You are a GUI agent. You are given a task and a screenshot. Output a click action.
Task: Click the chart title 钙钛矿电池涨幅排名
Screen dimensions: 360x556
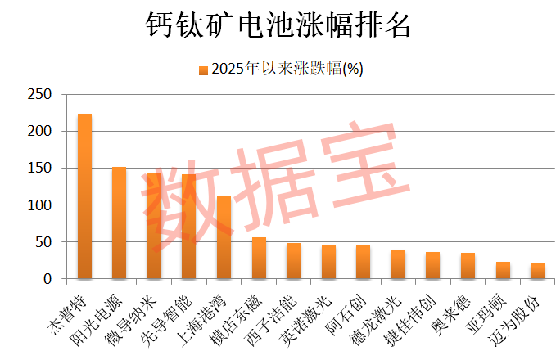277,25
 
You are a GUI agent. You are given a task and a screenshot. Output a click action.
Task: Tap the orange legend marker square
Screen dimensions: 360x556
203,70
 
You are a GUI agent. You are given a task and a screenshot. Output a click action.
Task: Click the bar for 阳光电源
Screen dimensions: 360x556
119,223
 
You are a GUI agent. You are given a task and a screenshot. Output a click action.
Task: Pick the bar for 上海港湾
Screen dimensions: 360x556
224,238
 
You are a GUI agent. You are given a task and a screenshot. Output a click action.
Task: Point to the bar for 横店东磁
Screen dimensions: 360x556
259,259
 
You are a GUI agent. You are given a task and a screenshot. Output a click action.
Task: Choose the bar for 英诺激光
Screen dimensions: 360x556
328,262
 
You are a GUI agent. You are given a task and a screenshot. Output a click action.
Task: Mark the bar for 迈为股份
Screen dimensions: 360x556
537,272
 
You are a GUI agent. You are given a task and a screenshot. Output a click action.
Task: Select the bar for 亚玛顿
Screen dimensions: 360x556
503,271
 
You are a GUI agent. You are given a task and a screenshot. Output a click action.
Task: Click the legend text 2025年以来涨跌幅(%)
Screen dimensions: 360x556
287,70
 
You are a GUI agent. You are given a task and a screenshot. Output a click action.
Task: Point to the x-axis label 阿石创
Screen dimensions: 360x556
348,309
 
